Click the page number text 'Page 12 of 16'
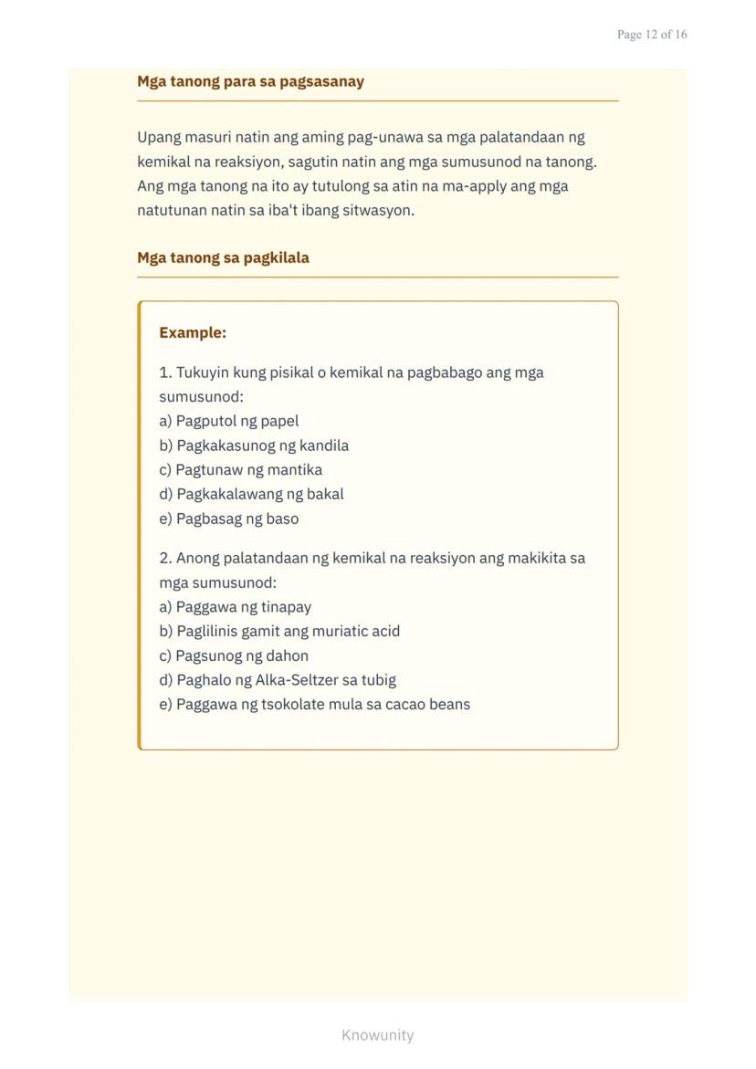click(652, 35)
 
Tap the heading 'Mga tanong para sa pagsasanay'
click(250, 81)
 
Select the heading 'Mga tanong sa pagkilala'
click(223, 257)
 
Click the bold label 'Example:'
click(193, 332)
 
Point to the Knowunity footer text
click(377, 1035)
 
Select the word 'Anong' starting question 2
click(197, 558)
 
